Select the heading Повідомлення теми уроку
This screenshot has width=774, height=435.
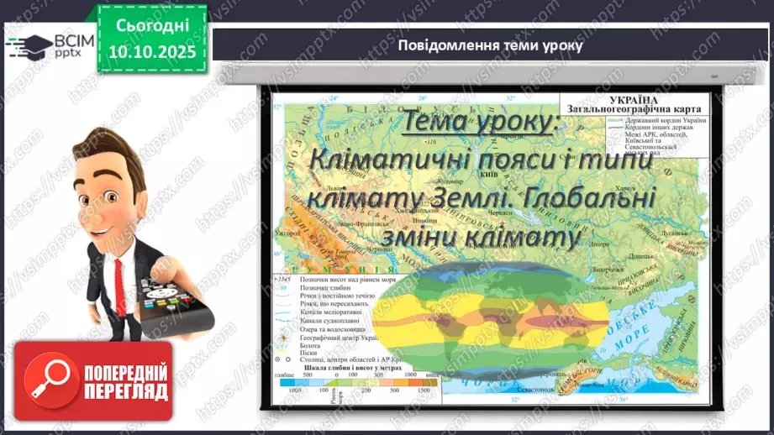490,45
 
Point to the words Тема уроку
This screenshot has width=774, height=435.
478,123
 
